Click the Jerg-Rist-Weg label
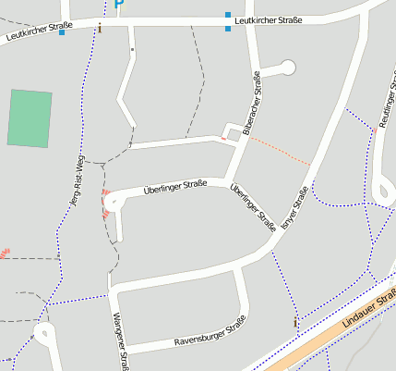pos(74,178)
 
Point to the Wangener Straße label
pos(119,340)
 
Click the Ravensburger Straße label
pos(210,334)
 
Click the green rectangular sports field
pos(30,117)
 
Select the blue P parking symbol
pos(119,6)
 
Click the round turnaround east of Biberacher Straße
pos(287,67)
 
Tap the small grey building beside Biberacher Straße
pos(234,134)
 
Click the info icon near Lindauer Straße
pos(295,322)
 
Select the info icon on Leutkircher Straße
pos(100,29)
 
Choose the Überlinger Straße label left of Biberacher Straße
pos(174,188)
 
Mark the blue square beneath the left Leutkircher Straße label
pos(62,32)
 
